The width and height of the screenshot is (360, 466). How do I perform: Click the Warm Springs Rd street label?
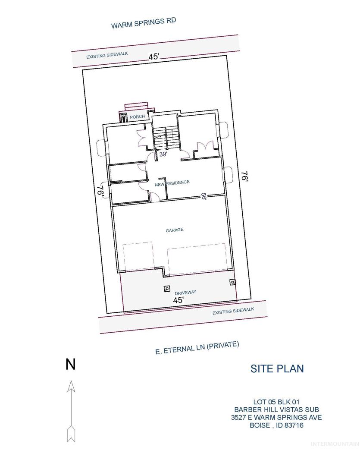pyautogui.click(x=144, y=23)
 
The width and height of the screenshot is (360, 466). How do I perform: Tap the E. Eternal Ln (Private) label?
pyautogui.click(x=197, y=348)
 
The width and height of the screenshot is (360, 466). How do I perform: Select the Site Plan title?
pyautogui.click(x=277, y=368)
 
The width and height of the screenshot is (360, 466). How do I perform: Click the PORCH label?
pyautogui.click(x=138, y=117)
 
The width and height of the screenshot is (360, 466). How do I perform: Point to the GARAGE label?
pyautogui.click(x=174, y=230)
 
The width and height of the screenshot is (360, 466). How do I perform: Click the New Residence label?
pyautogui.click(x=172, y=183)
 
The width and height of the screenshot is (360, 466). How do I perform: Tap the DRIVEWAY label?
pyautogui.click(x=185, y=293)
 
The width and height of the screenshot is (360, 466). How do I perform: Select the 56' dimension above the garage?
pyautogui.click(x=203, y=197)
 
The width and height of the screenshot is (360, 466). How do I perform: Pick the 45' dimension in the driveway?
pyautogui.click(x=178, y=300)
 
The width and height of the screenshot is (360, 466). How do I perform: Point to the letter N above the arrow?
pyautogui.click(x=71, y=365)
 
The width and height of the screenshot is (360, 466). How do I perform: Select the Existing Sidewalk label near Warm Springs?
pyautogui.click(x=107, y=55)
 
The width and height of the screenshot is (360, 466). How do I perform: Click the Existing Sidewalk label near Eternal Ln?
pyautogui.click(x=233, y=311)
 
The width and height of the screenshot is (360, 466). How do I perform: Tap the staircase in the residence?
pyautogui.click(x=166, y=138)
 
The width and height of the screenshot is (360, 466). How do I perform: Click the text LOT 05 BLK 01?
pyautogui.click(x=276, y=402)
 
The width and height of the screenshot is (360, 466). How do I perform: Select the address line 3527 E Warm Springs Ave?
pyautogui.click(x=276, y=418)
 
